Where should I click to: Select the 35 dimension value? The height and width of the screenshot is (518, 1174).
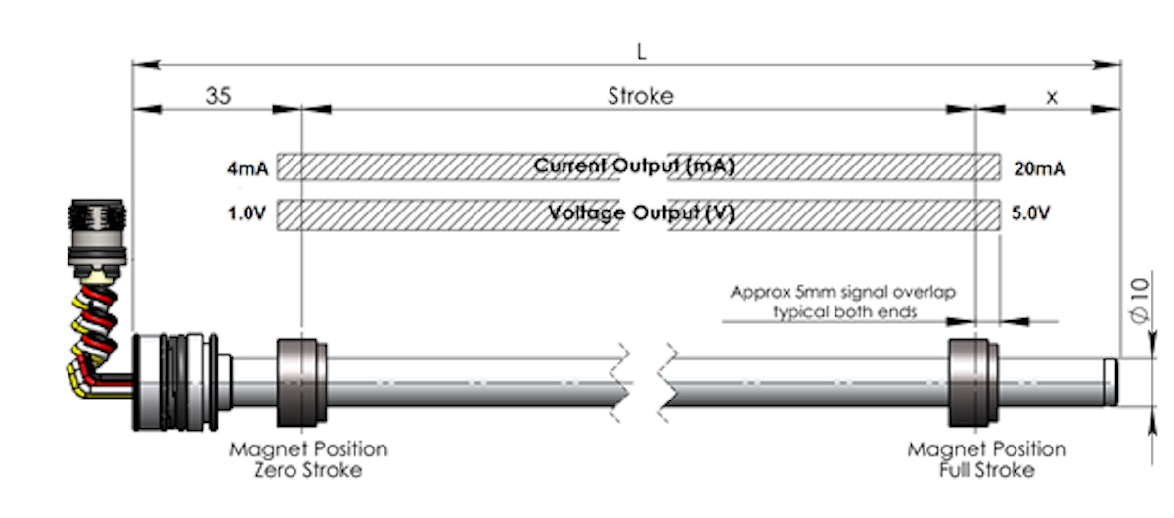point(219,96)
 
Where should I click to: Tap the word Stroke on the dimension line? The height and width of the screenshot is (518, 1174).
point(641,96)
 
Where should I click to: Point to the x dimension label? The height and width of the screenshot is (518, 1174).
point(1052,96)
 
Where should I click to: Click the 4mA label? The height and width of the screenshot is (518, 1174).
point(248,168)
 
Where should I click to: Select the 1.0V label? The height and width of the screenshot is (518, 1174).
point(248,212)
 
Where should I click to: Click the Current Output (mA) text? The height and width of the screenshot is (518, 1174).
point(634,166)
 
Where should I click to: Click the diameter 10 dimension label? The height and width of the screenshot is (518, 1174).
point(1138,301)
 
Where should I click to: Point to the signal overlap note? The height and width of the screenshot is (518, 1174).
point(843,303)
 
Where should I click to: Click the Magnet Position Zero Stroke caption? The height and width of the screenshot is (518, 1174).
point(308,459)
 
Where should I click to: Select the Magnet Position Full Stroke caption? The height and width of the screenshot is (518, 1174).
point(986,459)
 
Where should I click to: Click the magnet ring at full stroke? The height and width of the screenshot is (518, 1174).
point(972,382)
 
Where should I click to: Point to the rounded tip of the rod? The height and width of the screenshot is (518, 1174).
point(1111,382)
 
